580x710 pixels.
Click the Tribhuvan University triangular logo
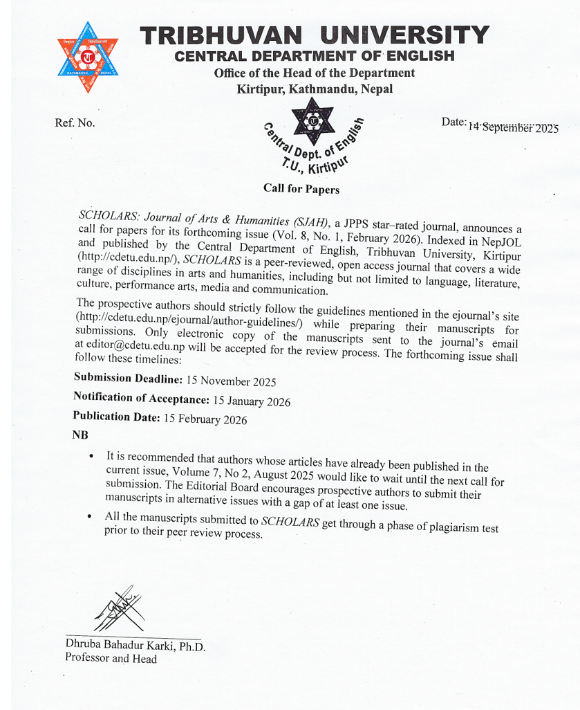[x=88, y=57]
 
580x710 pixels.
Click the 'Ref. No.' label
[x=75, y=123]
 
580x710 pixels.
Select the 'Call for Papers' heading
[x=301, y=188]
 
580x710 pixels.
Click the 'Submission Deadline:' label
[x=128, y=379]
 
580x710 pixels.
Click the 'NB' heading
[x=79, y=435]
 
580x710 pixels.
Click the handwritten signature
[x=120, y=608]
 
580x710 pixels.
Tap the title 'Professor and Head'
[x=111, y=658]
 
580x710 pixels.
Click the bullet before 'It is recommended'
[x=92, y=456]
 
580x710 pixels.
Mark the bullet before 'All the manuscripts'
[x=89, y=516]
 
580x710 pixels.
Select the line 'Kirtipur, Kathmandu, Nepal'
[x=315, y=89]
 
